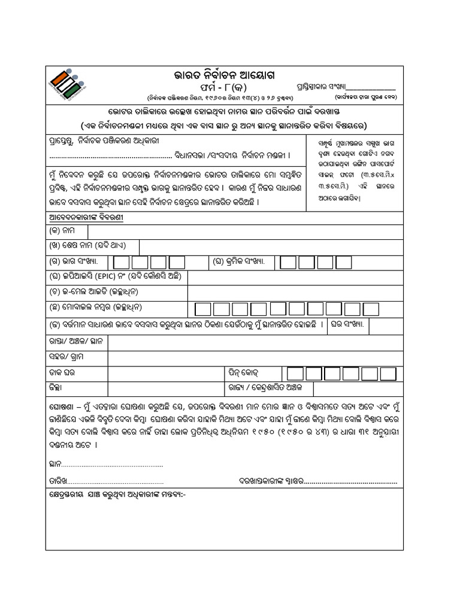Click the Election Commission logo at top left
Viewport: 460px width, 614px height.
(67, 83)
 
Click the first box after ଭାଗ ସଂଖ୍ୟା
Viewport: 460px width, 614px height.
(121, 262)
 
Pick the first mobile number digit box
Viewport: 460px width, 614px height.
(204, 309)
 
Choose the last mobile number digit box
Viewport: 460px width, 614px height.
(371, 309)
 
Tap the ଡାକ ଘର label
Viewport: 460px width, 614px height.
(62, 372)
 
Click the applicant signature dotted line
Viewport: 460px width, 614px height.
(352, 481)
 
